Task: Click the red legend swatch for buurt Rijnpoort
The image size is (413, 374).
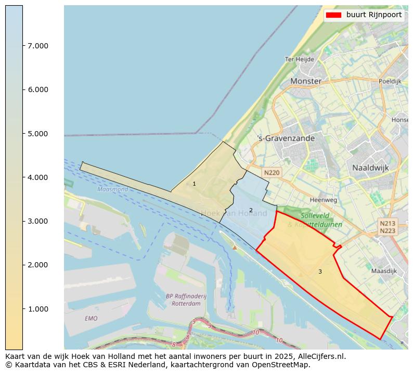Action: point(333,15)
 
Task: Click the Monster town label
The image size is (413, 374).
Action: point(306,81)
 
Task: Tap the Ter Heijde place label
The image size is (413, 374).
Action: point(299,59)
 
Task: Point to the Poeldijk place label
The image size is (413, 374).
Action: point(390,81)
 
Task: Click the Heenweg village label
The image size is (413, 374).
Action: point(323,200)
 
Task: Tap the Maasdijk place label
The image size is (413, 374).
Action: point(384,271)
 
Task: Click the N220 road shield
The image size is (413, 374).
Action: point(272,173)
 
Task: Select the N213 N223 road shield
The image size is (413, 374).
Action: point(388,227)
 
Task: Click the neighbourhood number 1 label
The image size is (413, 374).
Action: point(194,184)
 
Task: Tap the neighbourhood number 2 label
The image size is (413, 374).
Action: point(251,211)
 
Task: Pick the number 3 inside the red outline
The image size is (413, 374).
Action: point(320,272)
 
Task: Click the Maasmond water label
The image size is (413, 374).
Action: point(112,189)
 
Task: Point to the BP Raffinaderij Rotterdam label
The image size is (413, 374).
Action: point(186,300)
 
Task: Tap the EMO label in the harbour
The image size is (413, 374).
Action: point(91,318)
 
